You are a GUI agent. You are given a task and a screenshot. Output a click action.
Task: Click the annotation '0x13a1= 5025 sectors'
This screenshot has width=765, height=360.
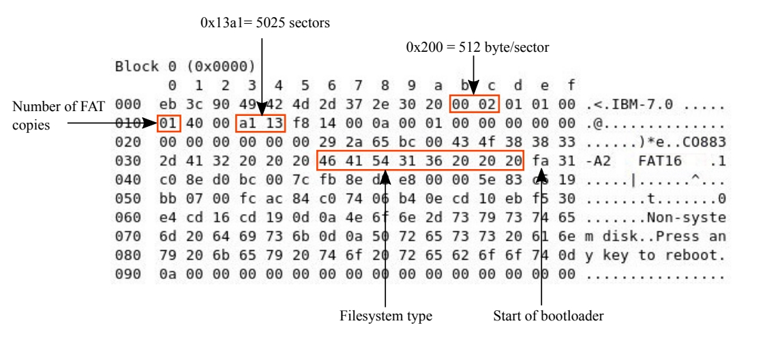[262, 23]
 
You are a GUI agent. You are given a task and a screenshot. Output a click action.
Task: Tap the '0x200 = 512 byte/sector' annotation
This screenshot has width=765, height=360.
[477, 47]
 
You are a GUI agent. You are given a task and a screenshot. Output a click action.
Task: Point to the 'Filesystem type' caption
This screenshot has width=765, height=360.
[386, 317]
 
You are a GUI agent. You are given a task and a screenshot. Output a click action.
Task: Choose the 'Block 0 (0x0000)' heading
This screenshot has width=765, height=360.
[185, 68]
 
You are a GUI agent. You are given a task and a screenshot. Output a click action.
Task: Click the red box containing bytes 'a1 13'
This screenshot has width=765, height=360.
[261, 124]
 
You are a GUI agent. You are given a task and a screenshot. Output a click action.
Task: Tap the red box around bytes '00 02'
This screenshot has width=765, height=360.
[475, 105]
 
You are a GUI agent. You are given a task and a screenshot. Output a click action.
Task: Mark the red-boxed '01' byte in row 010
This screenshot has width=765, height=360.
[166, 124]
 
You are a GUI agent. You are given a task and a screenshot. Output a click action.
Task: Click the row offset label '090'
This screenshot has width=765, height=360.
[125, 277]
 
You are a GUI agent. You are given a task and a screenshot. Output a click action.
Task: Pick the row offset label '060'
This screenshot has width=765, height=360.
[125, 220]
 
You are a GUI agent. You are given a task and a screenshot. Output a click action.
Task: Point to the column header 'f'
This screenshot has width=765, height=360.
[569, 87]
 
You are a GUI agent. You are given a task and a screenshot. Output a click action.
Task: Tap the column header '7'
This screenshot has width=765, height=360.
[359, 87]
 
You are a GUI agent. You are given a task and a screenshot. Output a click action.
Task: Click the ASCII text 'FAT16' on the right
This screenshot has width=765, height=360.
[658, 162]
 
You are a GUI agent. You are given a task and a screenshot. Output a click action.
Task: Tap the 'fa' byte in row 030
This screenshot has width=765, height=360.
[542, 162]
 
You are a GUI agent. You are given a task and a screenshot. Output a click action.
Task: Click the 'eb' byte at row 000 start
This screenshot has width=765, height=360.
[166, 105]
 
